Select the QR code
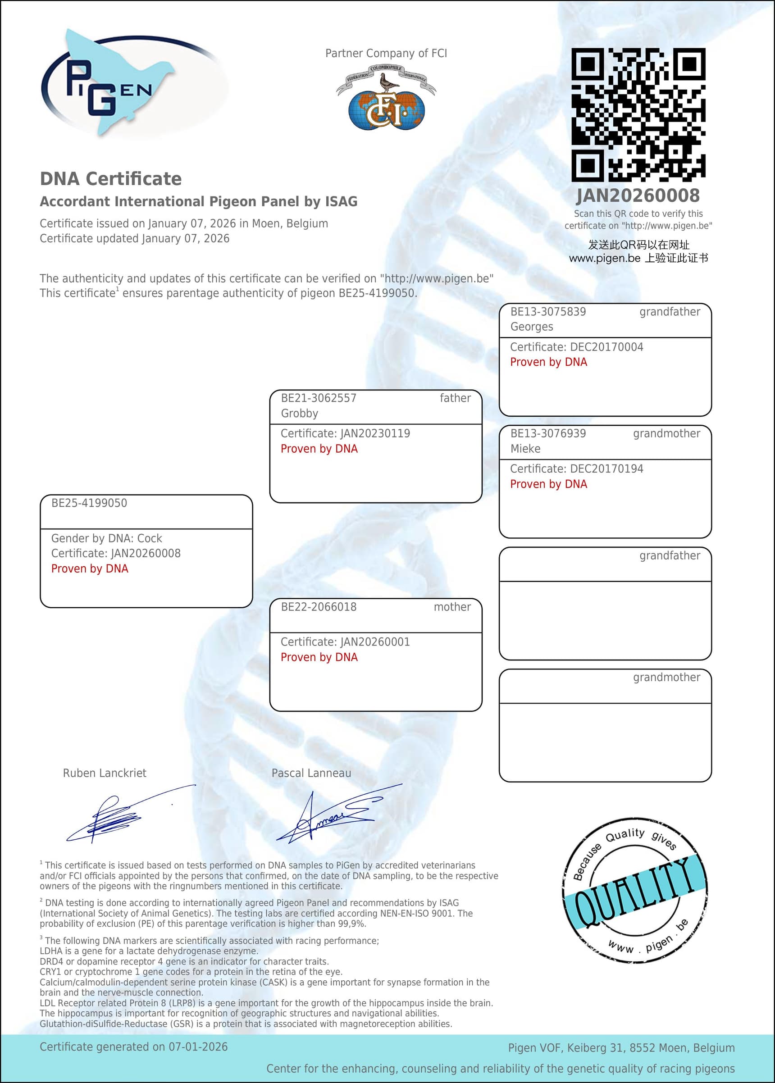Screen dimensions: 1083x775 [638, 114]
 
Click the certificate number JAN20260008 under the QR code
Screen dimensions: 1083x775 [638, 196]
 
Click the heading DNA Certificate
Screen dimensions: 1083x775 [111, 179]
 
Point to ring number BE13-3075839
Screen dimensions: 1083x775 [548, 312]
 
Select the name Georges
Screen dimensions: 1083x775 [532, 327]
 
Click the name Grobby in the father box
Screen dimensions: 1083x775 [299, 414]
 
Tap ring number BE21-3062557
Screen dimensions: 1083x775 [318, 398]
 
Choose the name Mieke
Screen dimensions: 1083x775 [525, 449]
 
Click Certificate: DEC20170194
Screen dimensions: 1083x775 [576, 469]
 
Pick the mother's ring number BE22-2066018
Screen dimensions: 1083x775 [318, 607]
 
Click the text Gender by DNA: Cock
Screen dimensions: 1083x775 [106, 538]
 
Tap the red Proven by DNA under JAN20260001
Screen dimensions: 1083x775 [319, 657]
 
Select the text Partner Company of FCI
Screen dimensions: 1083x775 [386, 54]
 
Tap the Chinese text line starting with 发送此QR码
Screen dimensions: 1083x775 [638, 245]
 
